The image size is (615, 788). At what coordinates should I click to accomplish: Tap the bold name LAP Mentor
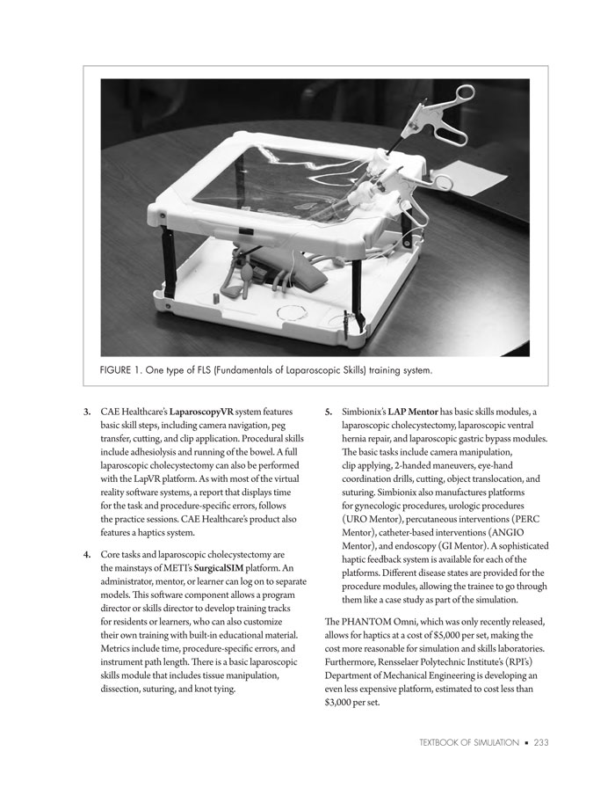click(414, 412)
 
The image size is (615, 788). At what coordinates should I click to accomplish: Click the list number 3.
click(86, 412)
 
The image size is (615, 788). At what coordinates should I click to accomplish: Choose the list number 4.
click(86, 555)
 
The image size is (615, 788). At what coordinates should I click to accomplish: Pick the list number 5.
click(328, 412)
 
